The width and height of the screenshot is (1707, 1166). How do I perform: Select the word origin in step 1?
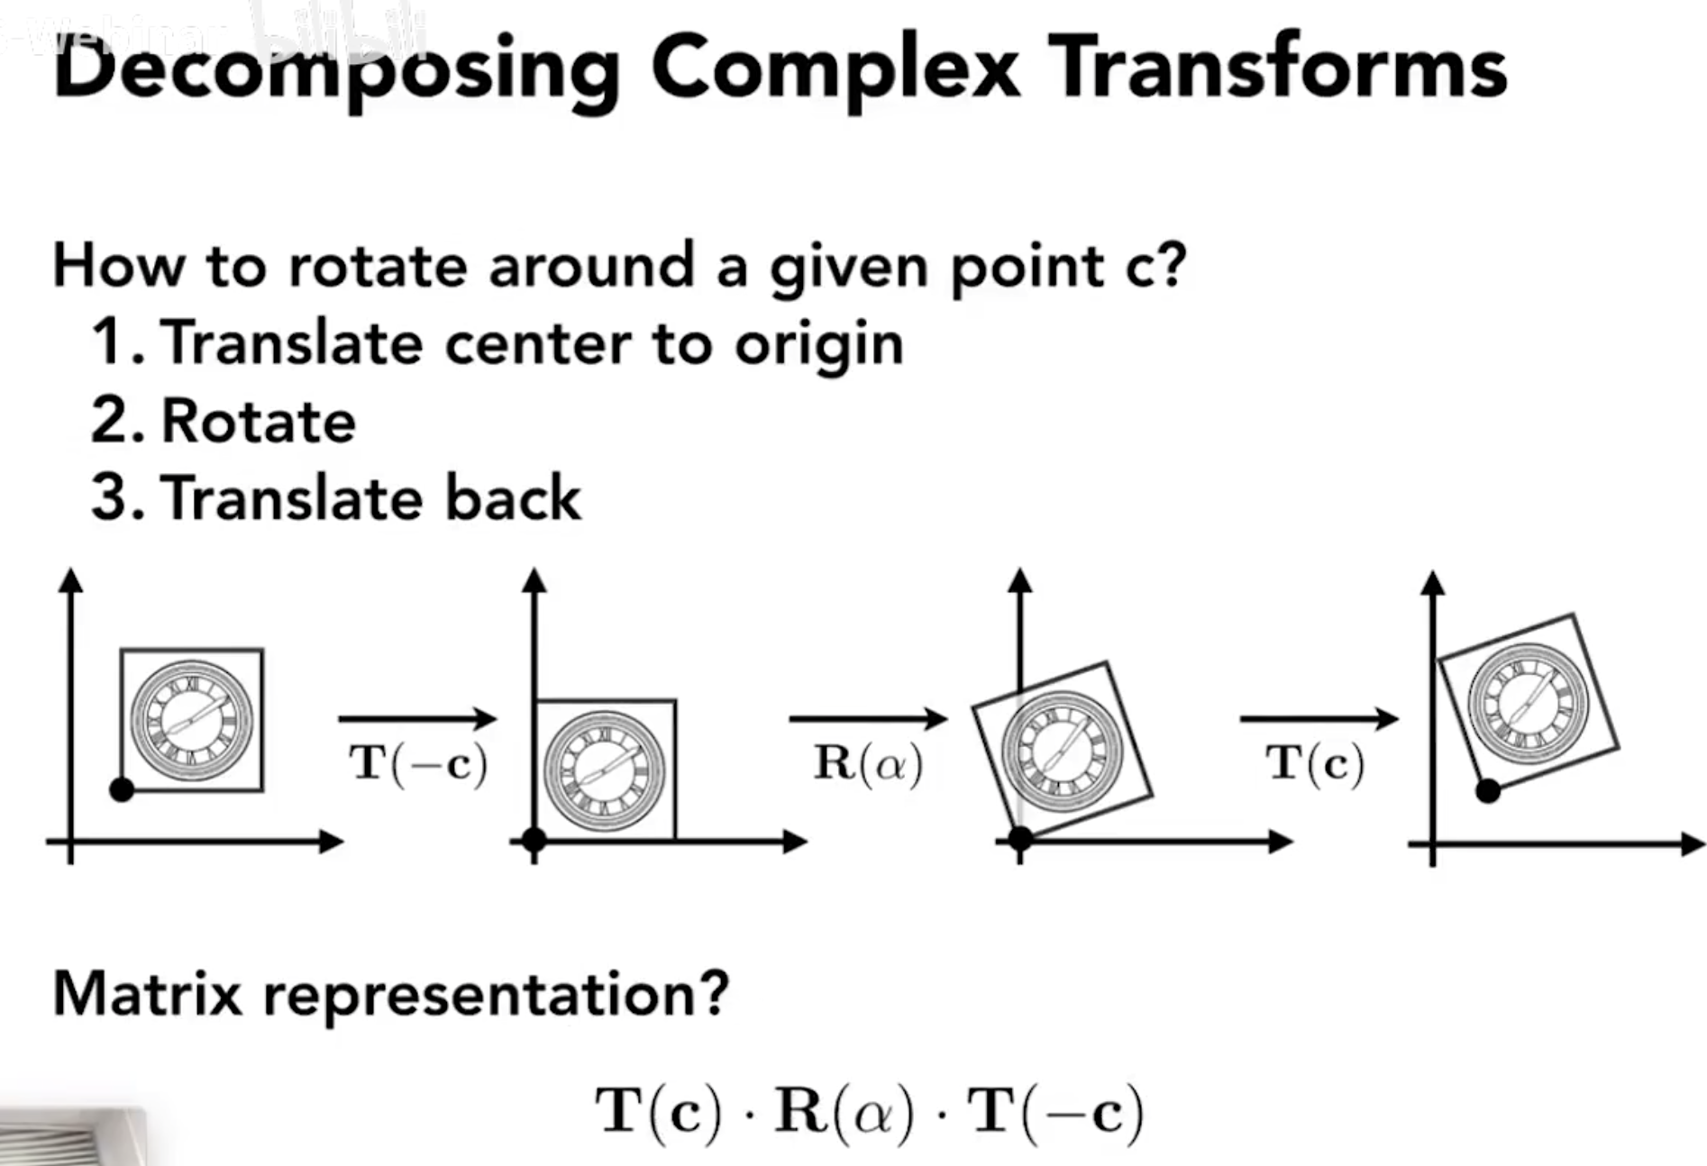point(818,346)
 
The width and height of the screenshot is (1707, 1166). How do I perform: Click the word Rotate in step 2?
point(259,422)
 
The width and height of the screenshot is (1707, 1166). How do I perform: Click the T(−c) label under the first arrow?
point(418,764)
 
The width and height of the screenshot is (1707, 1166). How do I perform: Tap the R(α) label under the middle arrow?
point(868,764)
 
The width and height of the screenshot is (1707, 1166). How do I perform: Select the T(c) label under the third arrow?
point(1315,764)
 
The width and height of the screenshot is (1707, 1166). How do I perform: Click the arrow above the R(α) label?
point(868,718)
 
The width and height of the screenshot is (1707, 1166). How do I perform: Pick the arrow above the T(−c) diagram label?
point(417,718)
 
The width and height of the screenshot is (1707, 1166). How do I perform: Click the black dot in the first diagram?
point(122,790)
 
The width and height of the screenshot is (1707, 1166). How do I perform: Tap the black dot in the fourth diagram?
point(1488,791)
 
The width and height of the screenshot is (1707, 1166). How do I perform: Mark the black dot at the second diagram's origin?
point(534,840)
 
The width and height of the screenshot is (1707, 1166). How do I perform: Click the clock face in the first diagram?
point(192,721)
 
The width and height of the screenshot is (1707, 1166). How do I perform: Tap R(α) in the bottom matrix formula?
point(843,1112)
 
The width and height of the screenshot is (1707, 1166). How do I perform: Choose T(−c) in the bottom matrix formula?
point(1055,1112)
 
